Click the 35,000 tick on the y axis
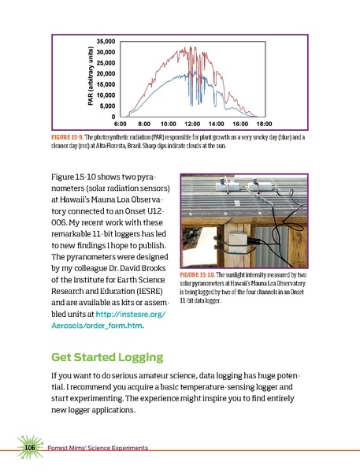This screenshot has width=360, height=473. coord(105,39)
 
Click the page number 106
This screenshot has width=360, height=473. coord(31,448)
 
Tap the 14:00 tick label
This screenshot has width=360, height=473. coord(217,125)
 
